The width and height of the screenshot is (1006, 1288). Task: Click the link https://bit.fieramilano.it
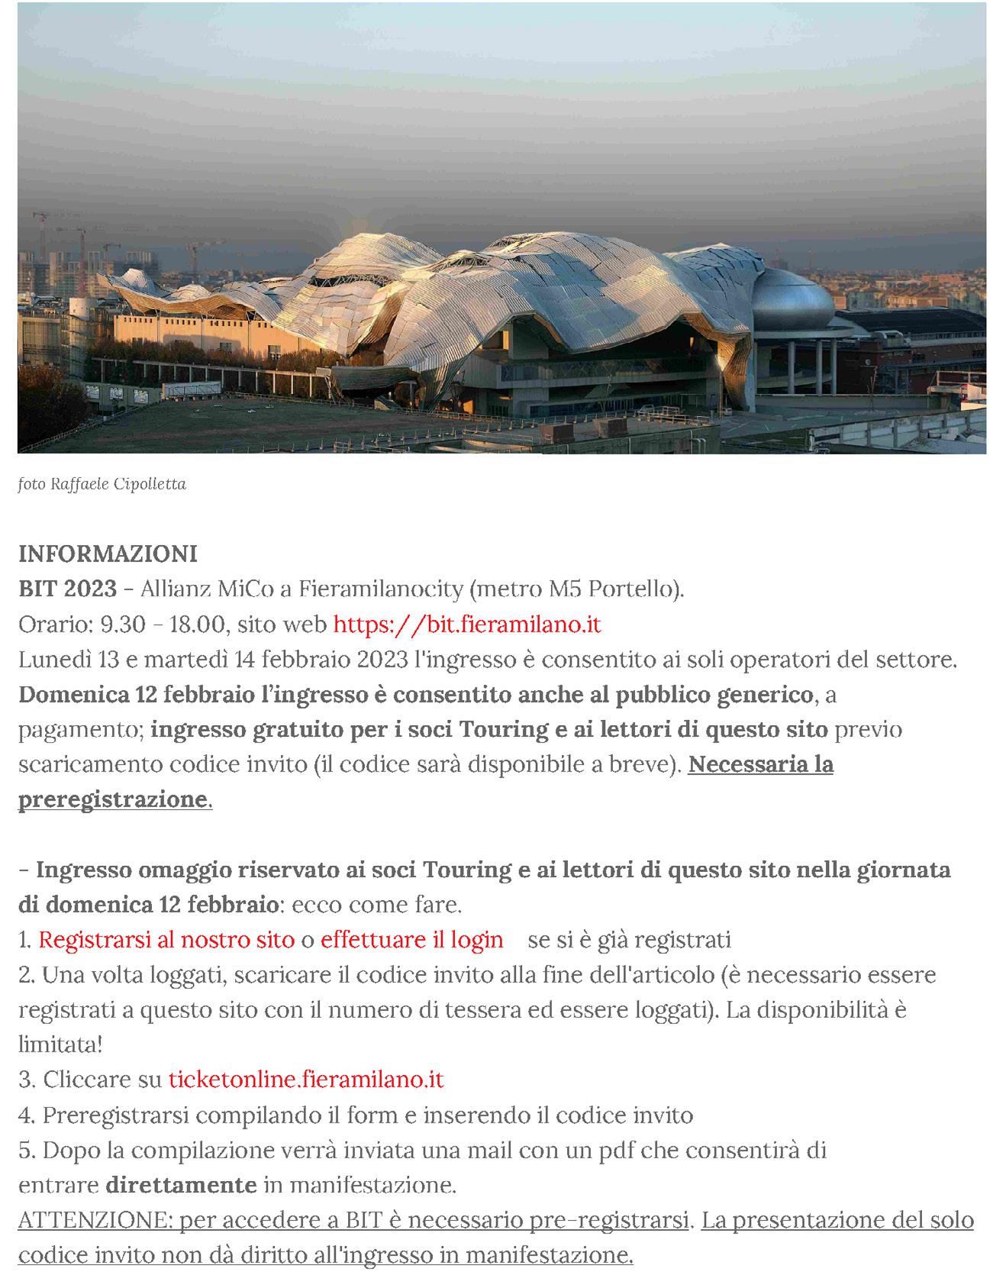coord(467,625)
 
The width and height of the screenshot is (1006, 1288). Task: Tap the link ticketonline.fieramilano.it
coord(305,1080)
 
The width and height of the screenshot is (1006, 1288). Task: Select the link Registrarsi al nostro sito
coord(166,940)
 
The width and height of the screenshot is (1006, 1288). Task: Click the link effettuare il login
coord(411,940)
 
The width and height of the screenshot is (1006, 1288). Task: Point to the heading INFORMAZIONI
coord(108,554)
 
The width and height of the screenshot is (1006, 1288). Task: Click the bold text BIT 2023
coord(67,589)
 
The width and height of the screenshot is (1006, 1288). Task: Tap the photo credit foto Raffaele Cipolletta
coord(102,484)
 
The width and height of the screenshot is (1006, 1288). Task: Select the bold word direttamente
coord(181,1185)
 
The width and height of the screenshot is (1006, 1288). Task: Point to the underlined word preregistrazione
coord(113,799)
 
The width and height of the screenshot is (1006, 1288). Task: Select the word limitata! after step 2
coord(60,1044)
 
